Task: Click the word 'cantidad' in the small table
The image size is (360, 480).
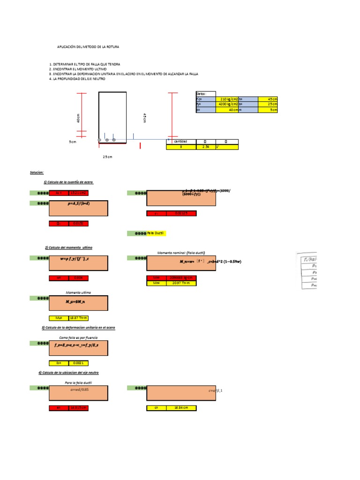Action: click(x=180, y=141)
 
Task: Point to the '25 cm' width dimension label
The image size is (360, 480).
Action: click(x=108, y=157)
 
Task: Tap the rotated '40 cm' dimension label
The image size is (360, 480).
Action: click(x=78, y=119)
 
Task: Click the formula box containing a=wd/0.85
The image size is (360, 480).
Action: click(x=78, y=393)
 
